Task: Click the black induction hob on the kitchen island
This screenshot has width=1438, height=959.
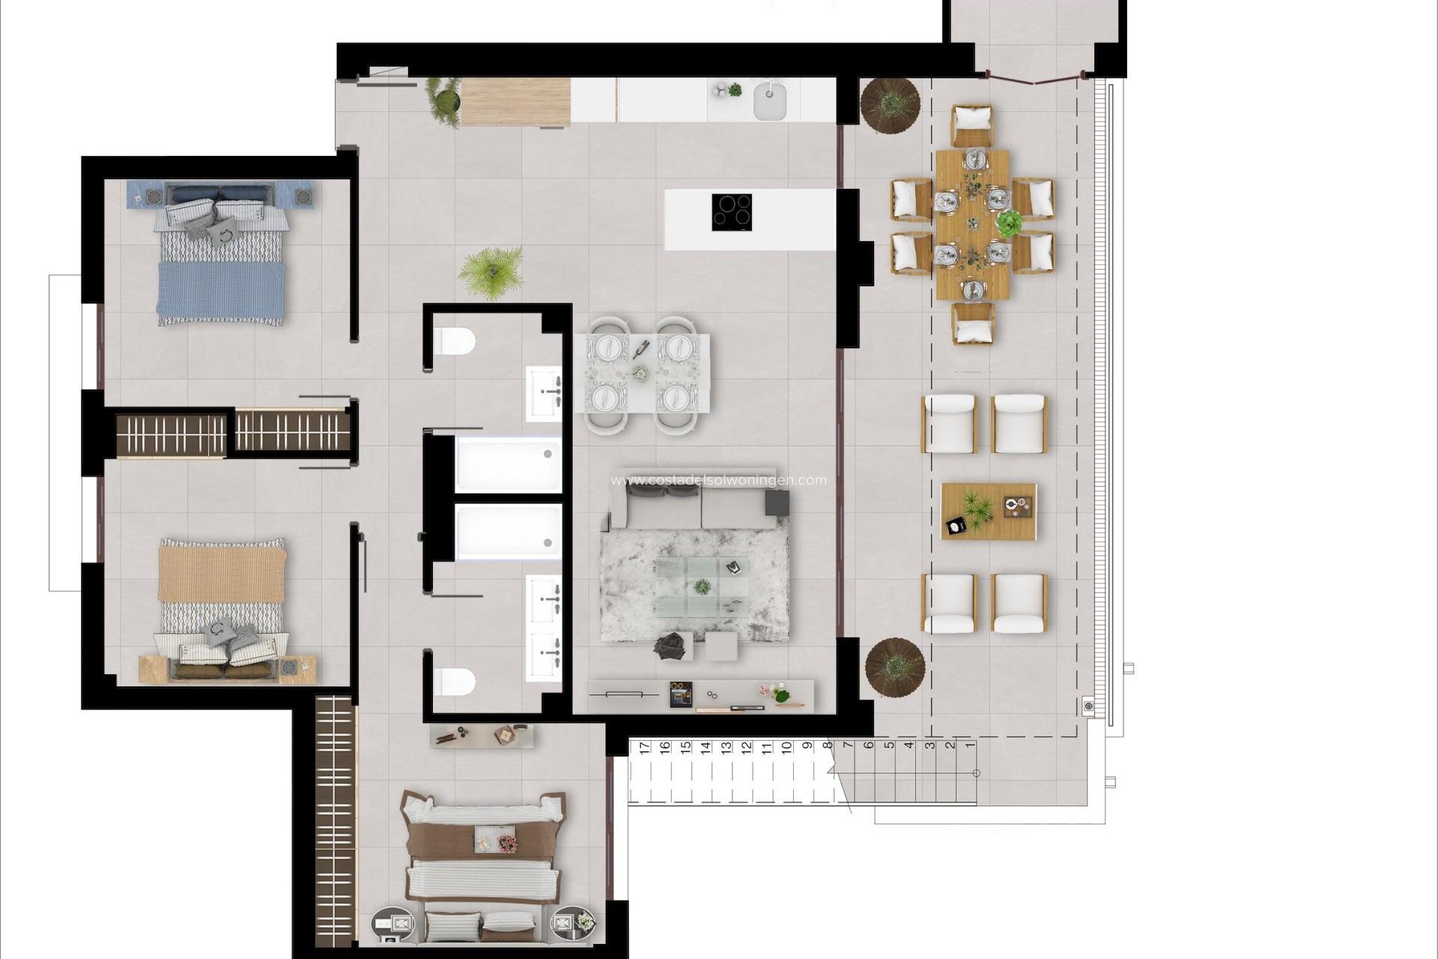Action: [732, 211]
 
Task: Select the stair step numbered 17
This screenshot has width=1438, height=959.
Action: [645, 747]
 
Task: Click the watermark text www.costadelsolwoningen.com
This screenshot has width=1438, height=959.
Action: [719, 480]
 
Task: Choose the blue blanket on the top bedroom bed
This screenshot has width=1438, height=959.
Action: [220, 291]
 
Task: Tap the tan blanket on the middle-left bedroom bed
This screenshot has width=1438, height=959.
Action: [221, 573]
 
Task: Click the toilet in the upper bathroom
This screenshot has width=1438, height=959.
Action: [454, 342]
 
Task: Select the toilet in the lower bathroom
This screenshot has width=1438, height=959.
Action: [454, 681]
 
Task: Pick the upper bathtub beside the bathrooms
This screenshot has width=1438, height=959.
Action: [509, 465]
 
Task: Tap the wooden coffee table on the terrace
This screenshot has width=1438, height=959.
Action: [989, 512]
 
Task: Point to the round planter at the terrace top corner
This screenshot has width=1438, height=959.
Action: [890, 105]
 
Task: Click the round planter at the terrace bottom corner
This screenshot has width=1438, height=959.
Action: [895, 665]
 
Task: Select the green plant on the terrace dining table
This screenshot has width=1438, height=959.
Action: [1009, 223]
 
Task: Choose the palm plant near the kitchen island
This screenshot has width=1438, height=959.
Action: [491, 271]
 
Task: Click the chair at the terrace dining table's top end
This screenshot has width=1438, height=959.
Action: [971, 125]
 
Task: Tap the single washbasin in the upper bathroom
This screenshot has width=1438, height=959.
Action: [544, 393]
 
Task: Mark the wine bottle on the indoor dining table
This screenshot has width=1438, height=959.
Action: [641, 348]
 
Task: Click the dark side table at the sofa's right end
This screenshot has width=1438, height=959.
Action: [777, 502]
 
